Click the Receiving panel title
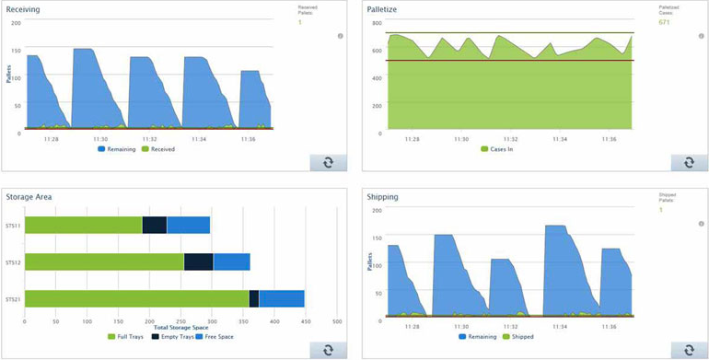click(x=23, y=8)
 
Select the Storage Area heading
click(x=29, y=196)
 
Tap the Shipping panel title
click(x=382, y=196)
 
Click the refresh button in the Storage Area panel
click(x=328, y=350)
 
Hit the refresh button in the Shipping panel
click(x=689, y=350)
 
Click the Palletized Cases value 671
click(x=664, y=21)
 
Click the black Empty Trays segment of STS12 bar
click(x=198, y=261)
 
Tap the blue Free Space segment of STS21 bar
click(x=282, y=298)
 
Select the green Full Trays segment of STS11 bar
click(x=83, y=225)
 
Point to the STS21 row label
click(x=13, y=298)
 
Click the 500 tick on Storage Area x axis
click(x=337, y=321)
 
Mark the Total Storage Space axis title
click(x=180, y=328)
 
